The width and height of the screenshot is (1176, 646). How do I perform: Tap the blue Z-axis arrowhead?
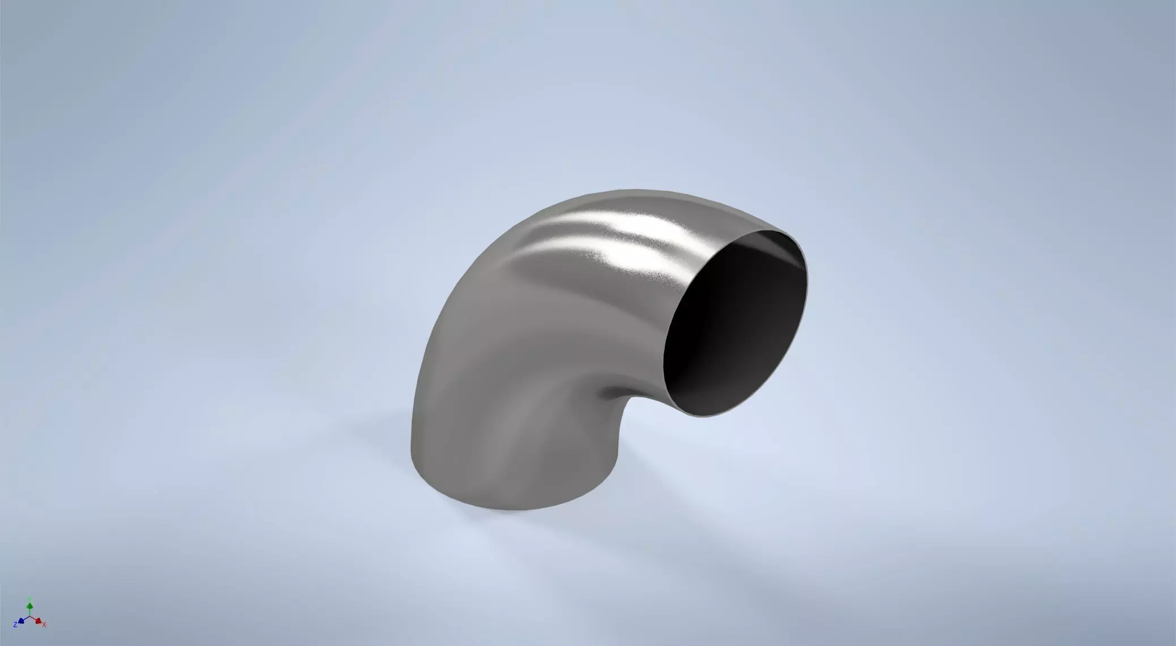point(22,620)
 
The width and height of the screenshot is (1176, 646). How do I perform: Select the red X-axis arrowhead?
point(38,621)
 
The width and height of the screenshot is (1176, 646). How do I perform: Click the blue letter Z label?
point(16,624)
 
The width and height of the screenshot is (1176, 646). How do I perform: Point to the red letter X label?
point(44,624)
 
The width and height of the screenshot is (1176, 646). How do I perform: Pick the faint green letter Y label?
point(30,599)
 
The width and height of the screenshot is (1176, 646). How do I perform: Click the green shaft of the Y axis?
point(30,611)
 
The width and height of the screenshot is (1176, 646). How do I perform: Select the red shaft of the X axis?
point(34,619)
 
